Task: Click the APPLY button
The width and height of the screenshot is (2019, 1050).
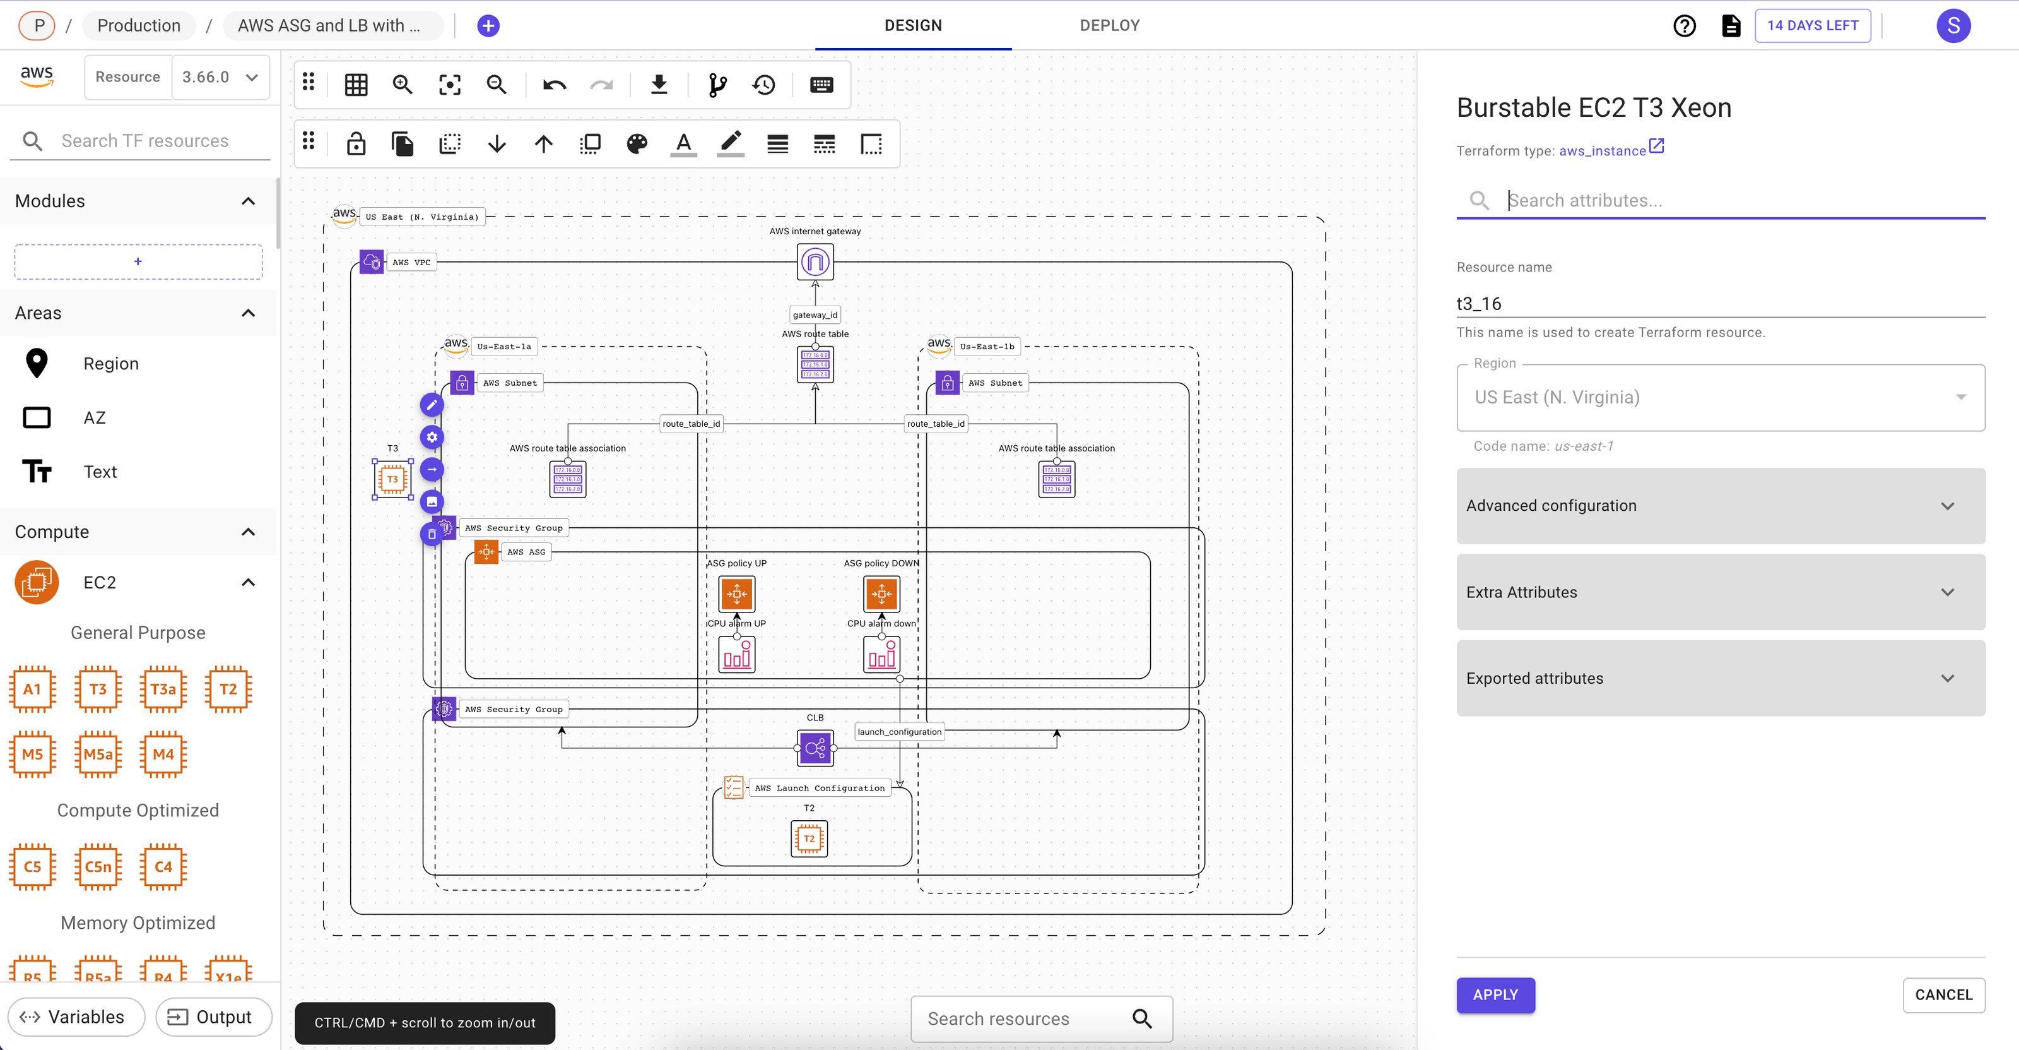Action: (x=1495, y=994)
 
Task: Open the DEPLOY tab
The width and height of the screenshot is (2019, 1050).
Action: (x=1109, y=25)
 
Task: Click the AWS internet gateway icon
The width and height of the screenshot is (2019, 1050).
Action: (x=815, y=262)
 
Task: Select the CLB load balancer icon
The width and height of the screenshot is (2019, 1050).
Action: (x=815, y=748)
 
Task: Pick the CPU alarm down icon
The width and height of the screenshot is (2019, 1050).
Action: (x=881, y=655)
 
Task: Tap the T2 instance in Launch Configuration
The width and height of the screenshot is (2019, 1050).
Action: (x=809, y=838)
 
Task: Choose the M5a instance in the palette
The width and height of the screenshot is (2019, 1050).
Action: (x=98, y=755)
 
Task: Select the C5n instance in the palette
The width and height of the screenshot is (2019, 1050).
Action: (x=98, y=866)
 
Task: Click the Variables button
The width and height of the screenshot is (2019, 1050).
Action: (x=76, y=1017)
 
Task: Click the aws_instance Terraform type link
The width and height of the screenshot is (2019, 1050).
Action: (x=1602, y=150)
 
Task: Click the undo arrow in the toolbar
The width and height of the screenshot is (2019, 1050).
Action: (x=554, y=85)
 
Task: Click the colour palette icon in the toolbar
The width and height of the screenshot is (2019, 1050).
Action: (x=637, y=143)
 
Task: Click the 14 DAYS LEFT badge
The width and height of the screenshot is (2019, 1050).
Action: (x=1811, y=25)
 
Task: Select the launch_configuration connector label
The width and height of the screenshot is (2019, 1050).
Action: (x=899, y=732)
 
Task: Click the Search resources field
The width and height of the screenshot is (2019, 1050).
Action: (x=1019, y=1018)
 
